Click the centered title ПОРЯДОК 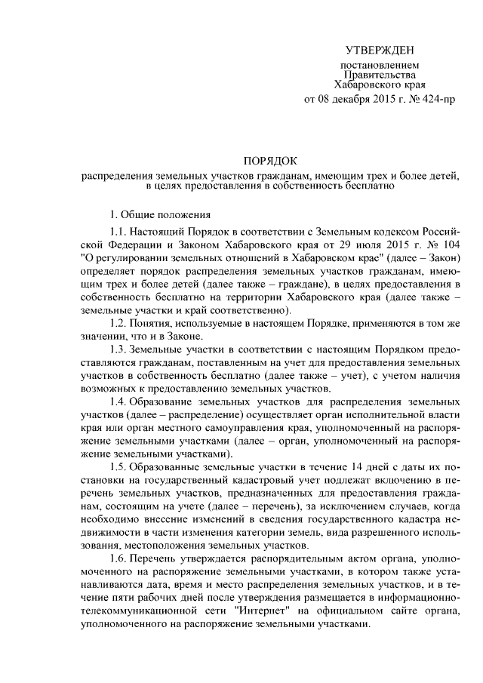(270, 160)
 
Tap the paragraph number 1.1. (118, 231)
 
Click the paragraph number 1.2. (118, 323)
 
